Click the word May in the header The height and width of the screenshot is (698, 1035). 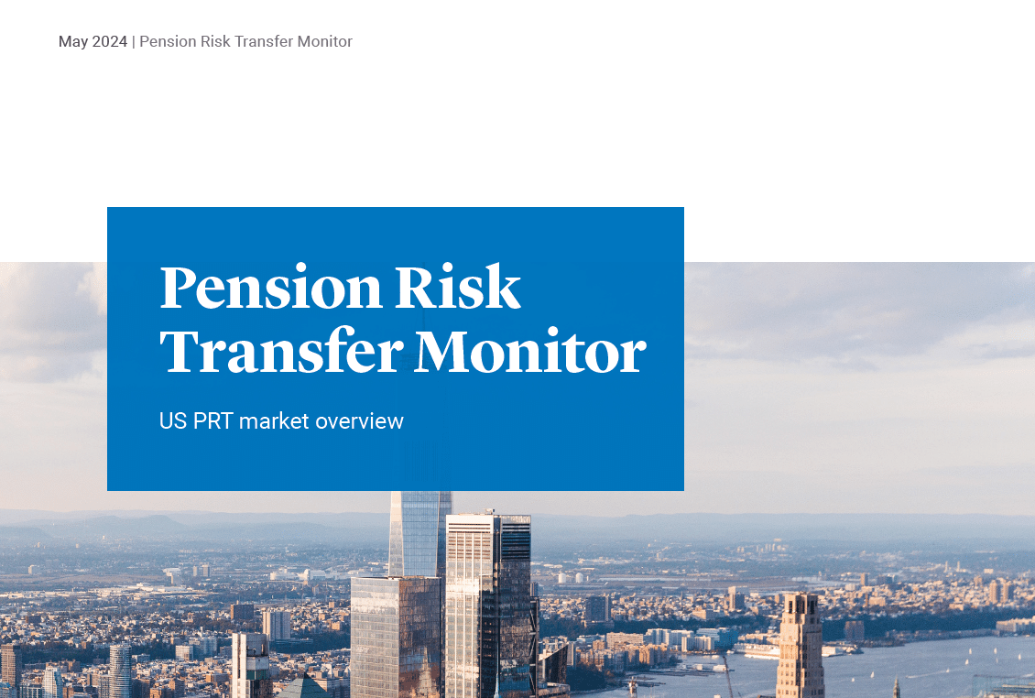[73, 42]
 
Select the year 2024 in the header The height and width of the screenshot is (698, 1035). [110, 42]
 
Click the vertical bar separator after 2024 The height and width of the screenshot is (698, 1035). [133, 42]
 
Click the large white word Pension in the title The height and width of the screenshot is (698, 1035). [270, 288]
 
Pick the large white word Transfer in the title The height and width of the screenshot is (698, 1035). [279, 351]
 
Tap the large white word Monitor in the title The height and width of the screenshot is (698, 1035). [529, 351]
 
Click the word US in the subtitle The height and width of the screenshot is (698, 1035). [173, 421]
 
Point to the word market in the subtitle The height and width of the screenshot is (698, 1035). [274, 421]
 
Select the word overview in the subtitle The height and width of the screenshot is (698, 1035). [360, 421]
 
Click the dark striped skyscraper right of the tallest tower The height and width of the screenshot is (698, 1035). [516, 595]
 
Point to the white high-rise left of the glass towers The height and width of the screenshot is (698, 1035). [249, 664]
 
